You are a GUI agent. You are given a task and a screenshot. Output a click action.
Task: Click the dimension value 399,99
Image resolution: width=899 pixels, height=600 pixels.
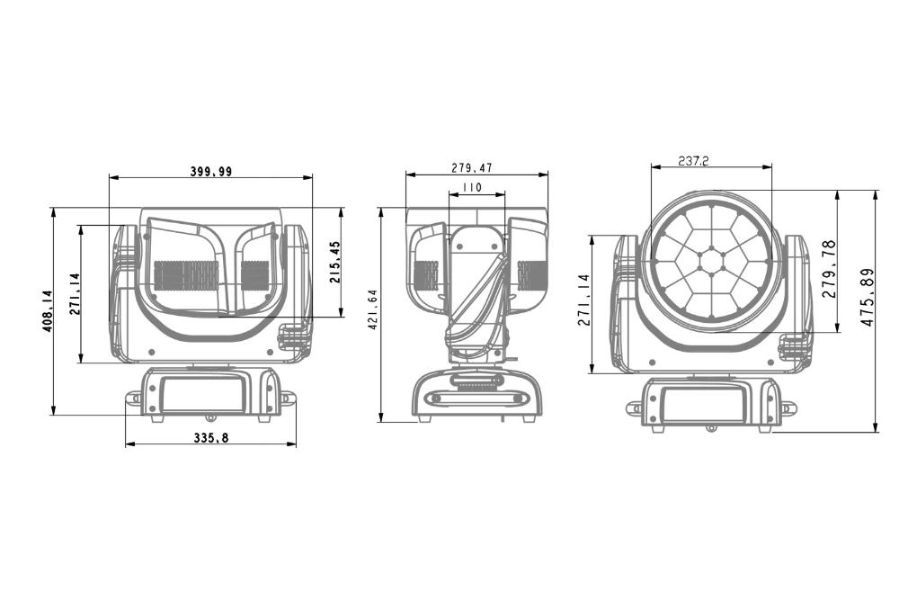tap(211, 171)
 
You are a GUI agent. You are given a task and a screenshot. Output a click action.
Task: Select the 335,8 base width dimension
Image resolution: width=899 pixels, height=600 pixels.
tap(211, 438)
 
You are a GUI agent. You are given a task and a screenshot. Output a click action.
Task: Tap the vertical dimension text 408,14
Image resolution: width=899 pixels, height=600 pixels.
tap(48, 311)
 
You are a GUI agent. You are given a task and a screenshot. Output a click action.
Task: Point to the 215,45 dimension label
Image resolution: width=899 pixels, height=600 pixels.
tap(335, 262)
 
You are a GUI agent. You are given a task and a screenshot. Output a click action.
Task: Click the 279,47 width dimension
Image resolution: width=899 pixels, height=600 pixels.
tap(471, 168)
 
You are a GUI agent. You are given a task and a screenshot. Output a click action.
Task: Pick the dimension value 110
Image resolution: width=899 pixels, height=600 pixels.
tap(472, 188)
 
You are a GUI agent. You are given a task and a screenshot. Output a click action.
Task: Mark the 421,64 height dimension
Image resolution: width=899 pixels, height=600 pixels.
tap(373, 309)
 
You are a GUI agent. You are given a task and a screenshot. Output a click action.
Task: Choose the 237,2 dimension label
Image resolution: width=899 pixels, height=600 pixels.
tap(693, 161)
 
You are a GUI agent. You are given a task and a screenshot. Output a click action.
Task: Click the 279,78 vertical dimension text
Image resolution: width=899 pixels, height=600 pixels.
tap(829, 268)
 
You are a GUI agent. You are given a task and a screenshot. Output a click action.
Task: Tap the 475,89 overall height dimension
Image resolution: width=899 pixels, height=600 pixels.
tap(868, 297)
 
